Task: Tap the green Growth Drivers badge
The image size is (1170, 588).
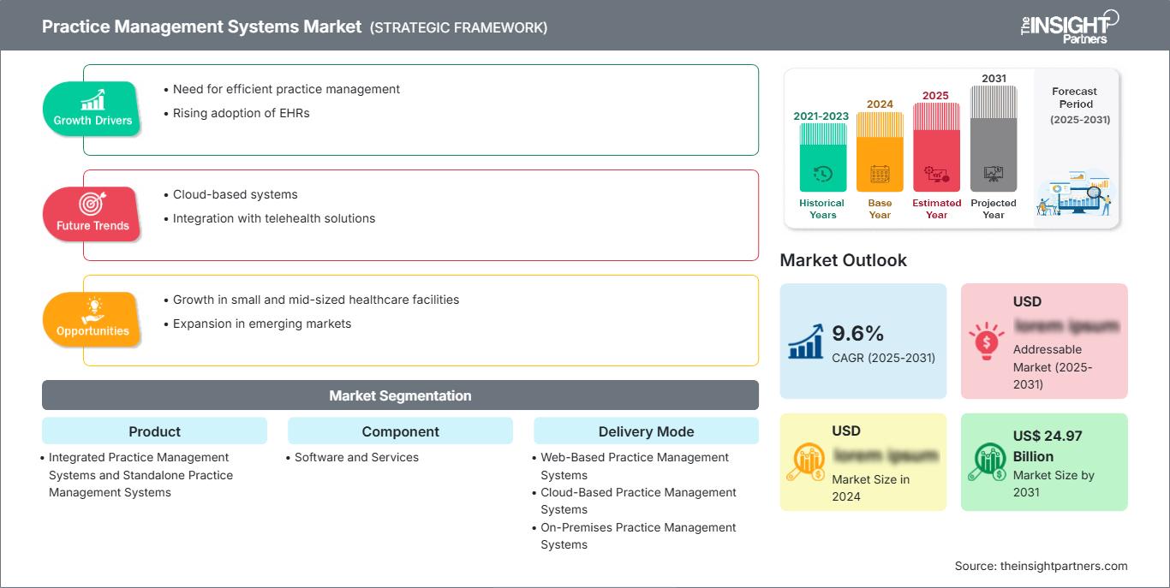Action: pyautogui.click(x=93, y=109)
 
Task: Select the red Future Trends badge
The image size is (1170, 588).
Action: pyautogui.click(x=93, y=214)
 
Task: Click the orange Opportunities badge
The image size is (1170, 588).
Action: pyautogui.click(x=93, y=319)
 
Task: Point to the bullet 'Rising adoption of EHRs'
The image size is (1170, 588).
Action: pyautogui.click(x=241, y=113)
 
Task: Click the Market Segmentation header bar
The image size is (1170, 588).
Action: pyautogui.click(x=400, y=395)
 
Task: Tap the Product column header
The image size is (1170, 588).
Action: pyautogui.click(x=154, y=431)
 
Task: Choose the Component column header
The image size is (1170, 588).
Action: pyautogui.click(x=400, y=431)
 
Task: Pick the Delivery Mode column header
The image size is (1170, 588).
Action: pyautogui.click(x=646, y=431)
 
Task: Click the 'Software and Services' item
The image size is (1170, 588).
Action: pyautogui.click(x=356, y=457)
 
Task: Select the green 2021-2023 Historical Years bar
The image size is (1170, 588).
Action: pyautogui.click(x=822, y=157)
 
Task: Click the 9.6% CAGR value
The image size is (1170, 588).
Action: pyautogui.click(x=858, y=333)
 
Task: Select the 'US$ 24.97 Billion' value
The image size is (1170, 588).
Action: pyautogui.click(x=1047, y=446)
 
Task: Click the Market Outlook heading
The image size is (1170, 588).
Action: pyautogui.click(x=843, y=260)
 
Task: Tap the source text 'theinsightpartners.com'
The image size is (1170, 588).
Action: pyautogui.click(x=1063, y=566)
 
